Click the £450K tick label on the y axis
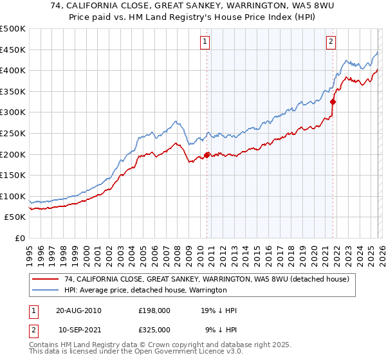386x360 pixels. tap(13, 50)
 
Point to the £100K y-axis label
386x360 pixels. tap(13, 196)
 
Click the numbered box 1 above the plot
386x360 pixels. tap(205, 42)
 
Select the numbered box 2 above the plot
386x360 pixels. tap(331, 42)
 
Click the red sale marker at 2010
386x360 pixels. tap(207, 155)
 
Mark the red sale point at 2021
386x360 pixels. tap(333, 102)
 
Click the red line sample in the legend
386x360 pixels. tap(46, 279)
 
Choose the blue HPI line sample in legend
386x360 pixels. tap(46, 290)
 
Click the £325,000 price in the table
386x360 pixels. tap(154, 329)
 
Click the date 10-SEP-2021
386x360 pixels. tap(80, 329)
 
